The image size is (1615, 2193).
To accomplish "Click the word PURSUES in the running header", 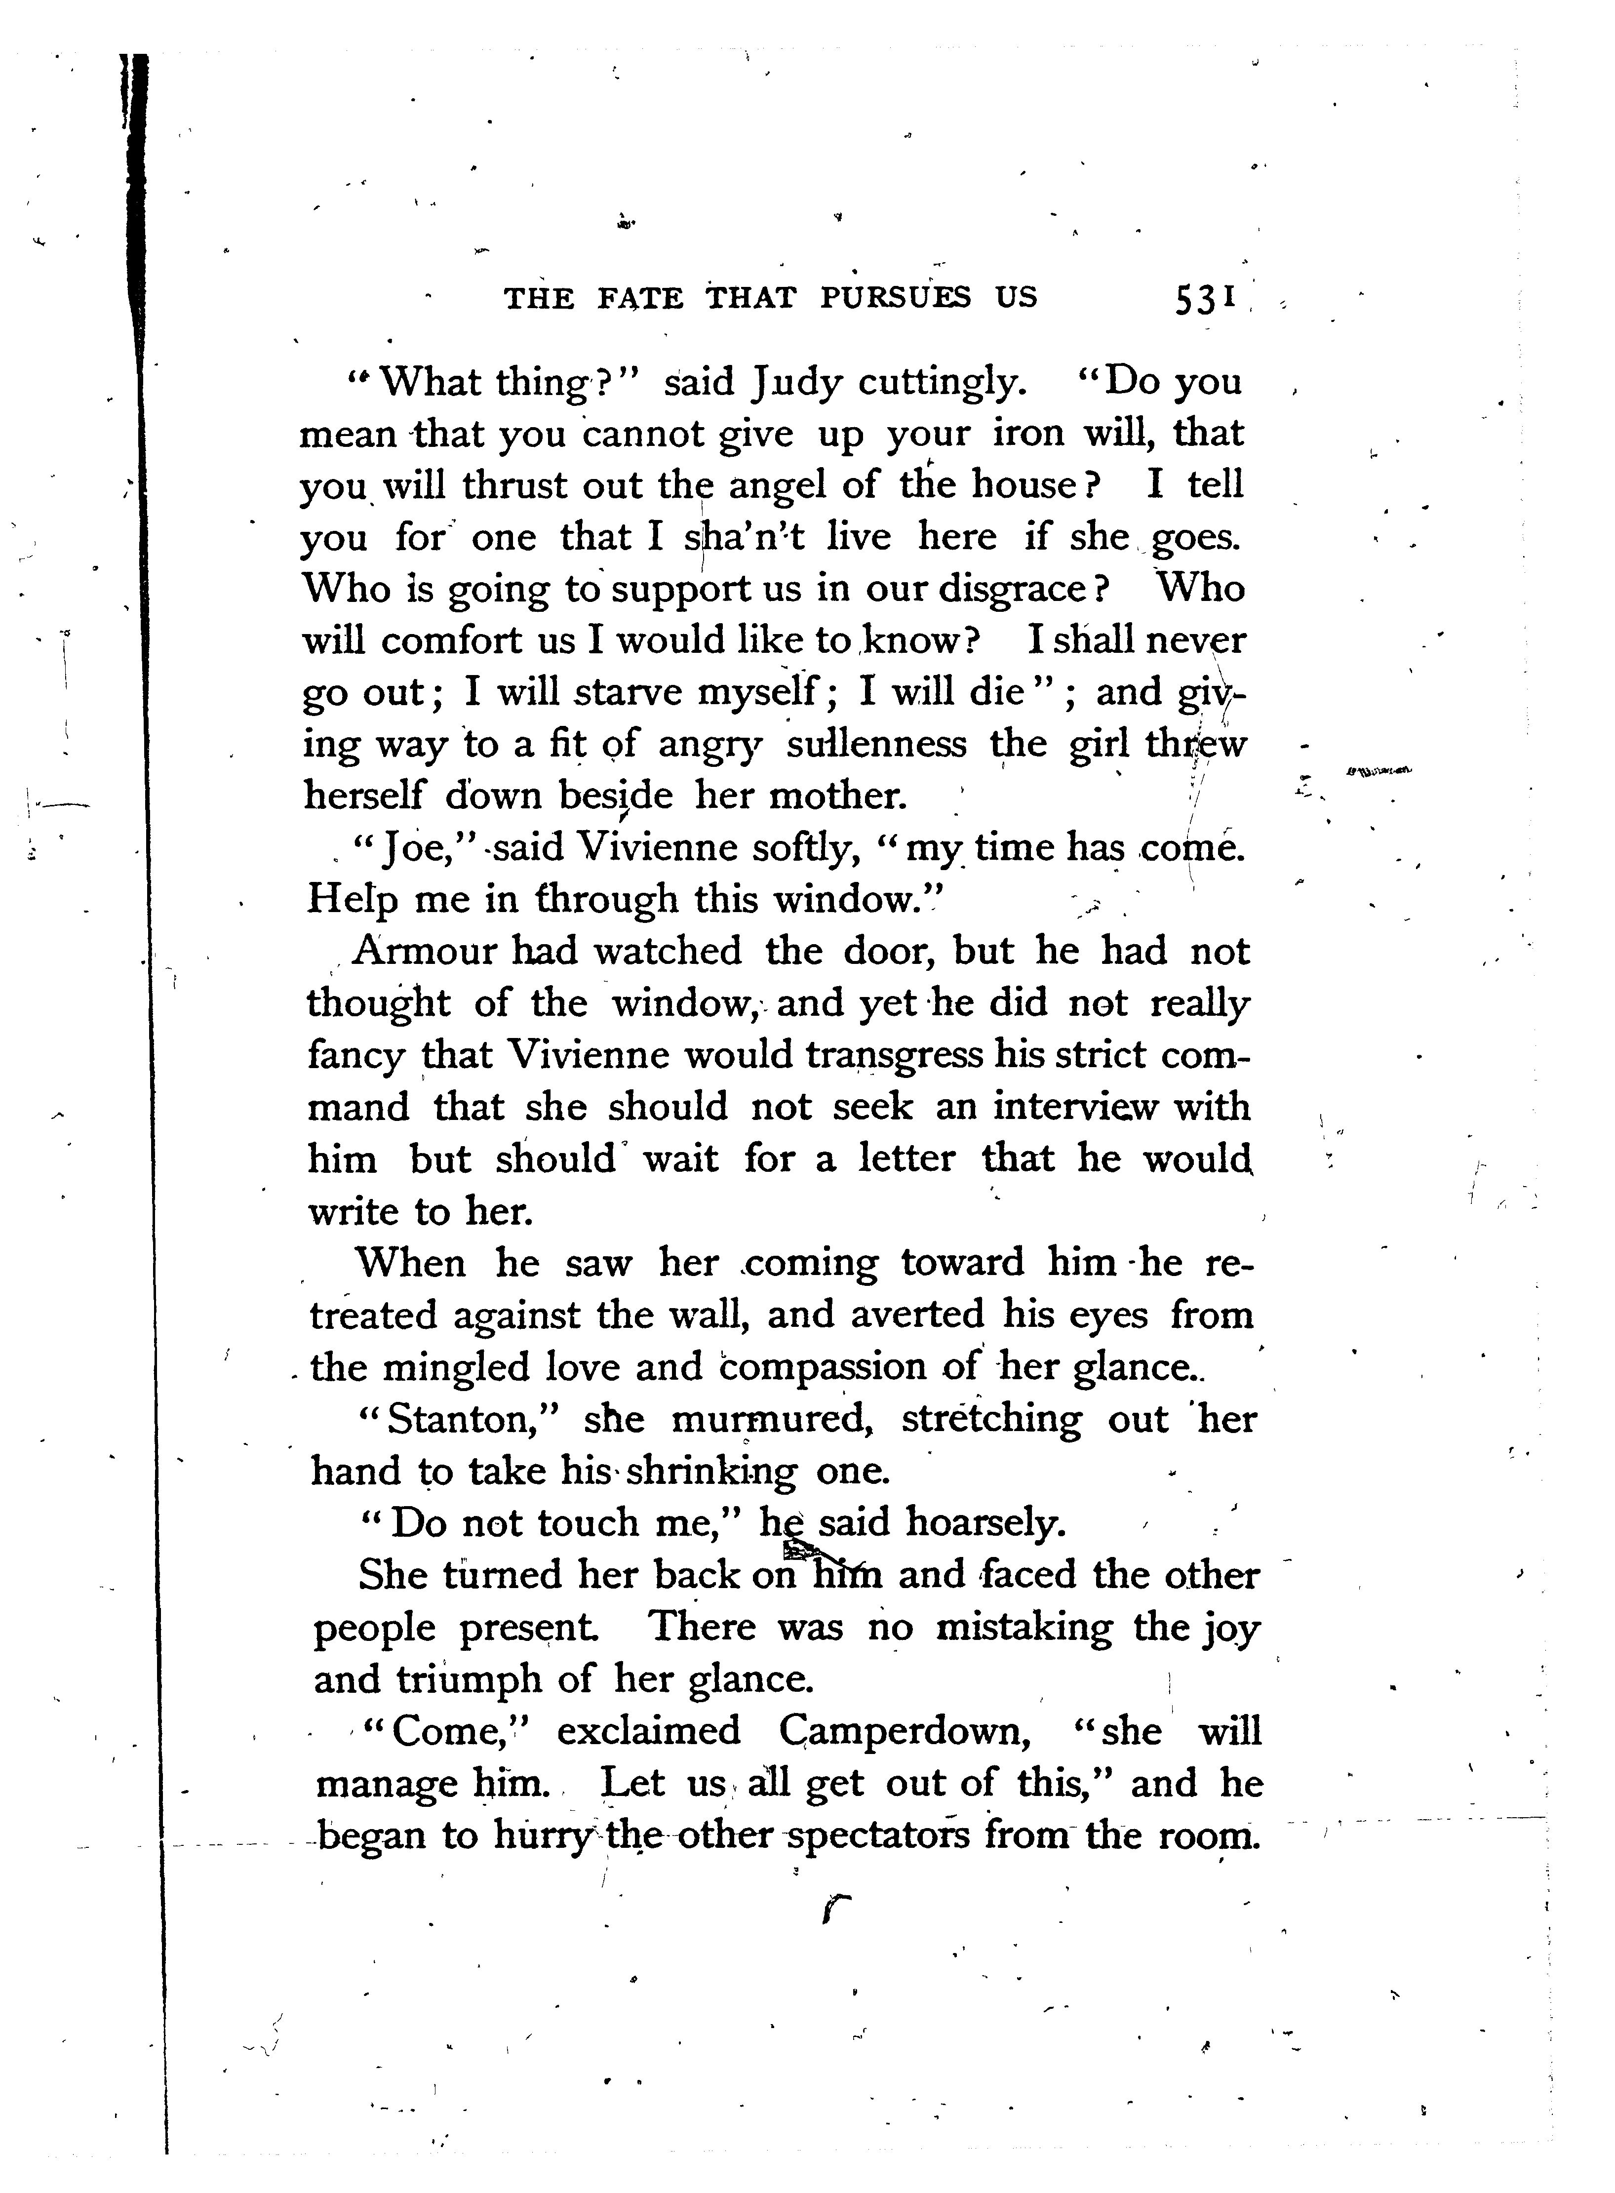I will [896, 296].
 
